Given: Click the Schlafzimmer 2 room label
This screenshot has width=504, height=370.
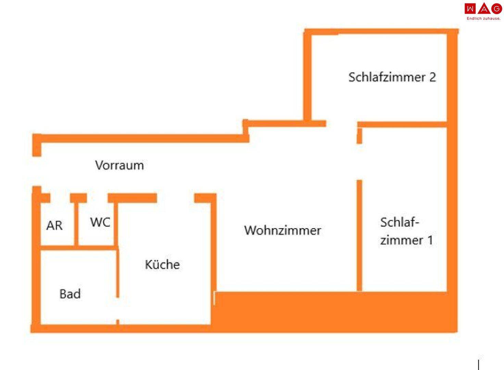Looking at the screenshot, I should pos(392,77).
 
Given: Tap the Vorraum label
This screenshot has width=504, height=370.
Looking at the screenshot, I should pos(119,165).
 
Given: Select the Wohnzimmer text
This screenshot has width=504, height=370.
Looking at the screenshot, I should pos(282,230).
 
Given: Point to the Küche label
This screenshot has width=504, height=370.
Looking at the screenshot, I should pos(162,264).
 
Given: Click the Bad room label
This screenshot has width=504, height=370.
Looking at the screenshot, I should pos(70,294).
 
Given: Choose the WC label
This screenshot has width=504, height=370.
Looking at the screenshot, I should pos(100,222).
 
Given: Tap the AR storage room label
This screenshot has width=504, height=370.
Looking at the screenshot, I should pos(54,226).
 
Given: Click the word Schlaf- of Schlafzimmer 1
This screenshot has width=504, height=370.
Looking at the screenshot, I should pos(400,223).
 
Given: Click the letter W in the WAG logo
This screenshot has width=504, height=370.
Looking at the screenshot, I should pos(470,9).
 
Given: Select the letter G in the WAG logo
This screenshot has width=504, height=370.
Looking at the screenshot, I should pos(496,9).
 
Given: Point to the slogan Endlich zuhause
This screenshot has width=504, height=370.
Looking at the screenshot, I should pos(483,18).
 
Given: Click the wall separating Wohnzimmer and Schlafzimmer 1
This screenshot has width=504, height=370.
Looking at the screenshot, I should pos(359,236).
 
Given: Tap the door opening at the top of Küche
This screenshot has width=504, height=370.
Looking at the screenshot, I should pos(176,198).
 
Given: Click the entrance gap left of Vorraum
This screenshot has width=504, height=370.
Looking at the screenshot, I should pos(36,171).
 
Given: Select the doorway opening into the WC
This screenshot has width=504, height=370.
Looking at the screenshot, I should pos(97,198).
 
